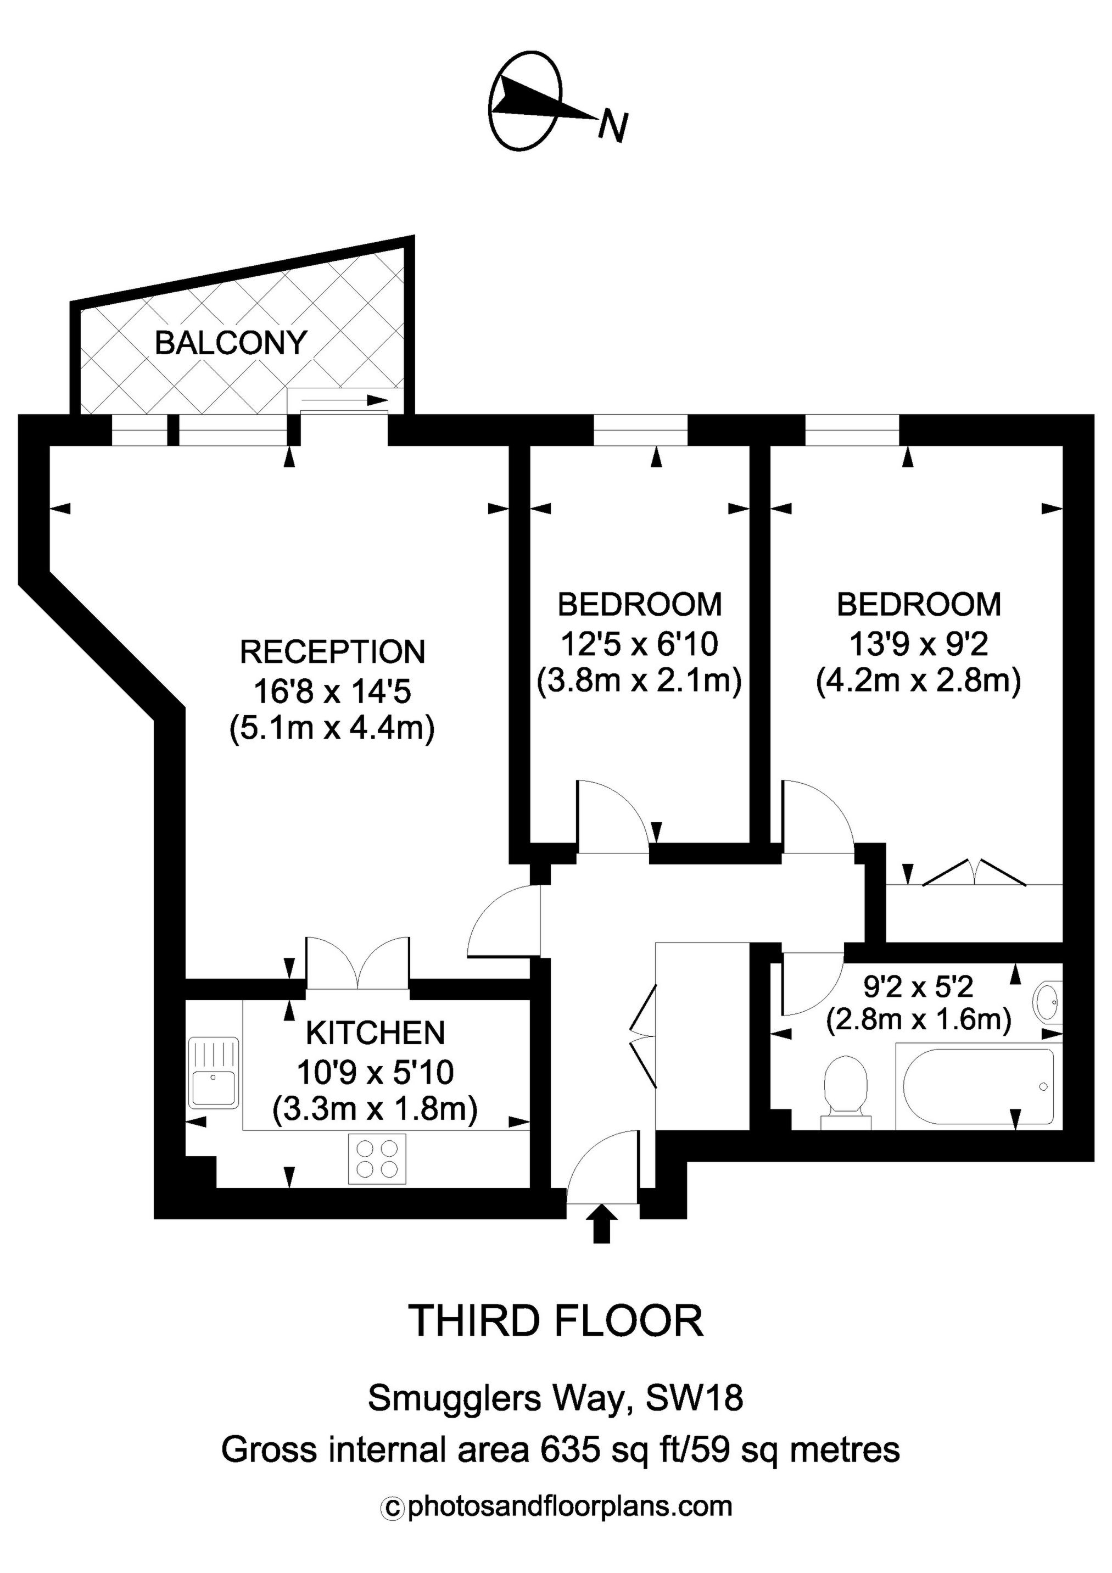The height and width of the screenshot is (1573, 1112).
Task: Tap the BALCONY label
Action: pyautogui.click(x=231, y=343)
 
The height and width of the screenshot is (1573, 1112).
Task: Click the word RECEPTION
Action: pyautogui.click(x=332, y=651)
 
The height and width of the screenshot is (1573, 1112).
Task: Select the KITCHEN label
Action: pyautogui.click(x=376, y=1033)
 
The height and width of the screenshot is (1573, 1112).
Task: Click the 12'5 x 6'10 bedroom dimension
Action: pyautogui.click(x=639, y=644)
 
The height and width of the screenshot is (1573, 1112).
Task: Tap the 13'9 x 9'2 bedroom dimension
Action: pyautogui.click(x=919, y=644)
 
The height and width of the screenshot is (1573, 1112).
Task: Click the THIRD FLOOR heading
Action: pyautogui.click(x=556, y=1321)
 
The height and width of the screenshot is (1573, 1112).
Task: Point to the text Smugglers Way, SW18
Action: pyautogui.click(x=556, y=1398)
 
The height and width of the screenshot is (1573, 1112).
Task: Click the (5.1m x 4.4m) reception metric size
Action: pyautogui.click(x=332, y=729)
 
